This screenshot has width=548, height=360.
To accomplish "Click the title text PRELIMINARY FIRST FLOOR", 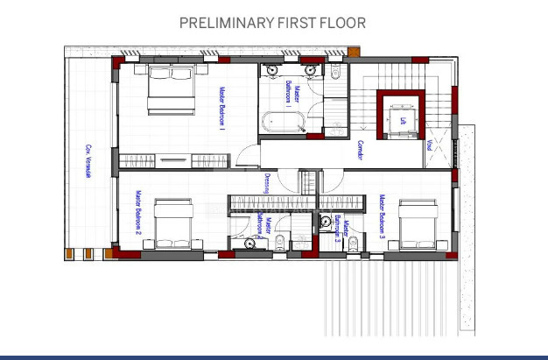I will click(272, 23).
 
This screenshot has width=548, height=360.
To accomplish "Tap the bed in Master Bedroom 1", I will click(171, 90).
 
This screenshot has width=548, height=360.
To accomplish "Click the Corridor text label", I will click(360, 152).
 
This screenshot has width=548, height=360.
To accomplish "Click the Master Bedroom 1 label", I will click(221, 109).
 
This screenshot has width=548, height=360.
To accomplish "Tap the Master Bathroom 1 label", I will click(292, 91).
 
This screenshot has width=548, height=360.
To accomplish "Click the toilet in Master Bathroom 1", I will click(336, 77).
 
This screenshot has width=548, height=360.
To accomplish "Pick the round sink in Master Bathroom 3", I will click(326, 221).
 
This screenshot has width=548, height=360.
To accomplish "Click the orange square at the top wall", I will click(353, 52).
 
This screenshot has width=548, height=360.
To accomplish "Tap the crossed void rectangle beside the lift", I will click(442, 150).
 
